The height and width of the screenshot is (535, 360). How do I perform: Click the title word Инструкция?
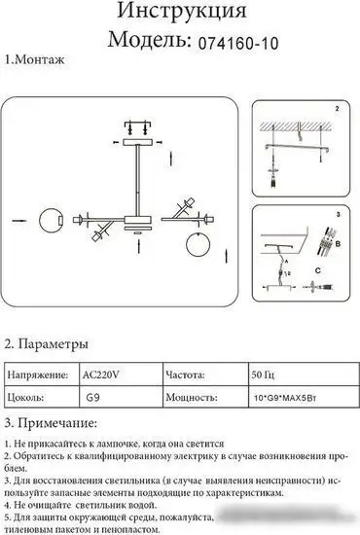[x=180, y=14]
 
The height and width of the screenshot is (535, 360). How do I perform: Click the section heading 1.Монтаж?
[x=35, y=60]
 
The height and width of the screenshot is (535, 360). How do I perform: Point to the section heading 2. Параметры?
[x=48, y=344]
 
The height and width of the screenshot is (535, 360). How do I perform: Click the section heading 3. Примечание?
[x=53, y=422]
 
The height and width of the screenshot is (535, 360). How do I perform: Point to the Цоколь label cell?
[x=28, y=396]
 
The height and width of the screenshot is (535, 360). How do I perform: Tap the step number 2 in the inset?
[x=336, y=108]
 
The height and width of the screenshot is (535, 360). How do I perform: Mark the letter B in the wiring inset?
[x=339, y=247]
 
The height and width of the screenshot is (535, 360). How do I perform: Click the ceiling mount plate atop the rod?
[x=136, y=142]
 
